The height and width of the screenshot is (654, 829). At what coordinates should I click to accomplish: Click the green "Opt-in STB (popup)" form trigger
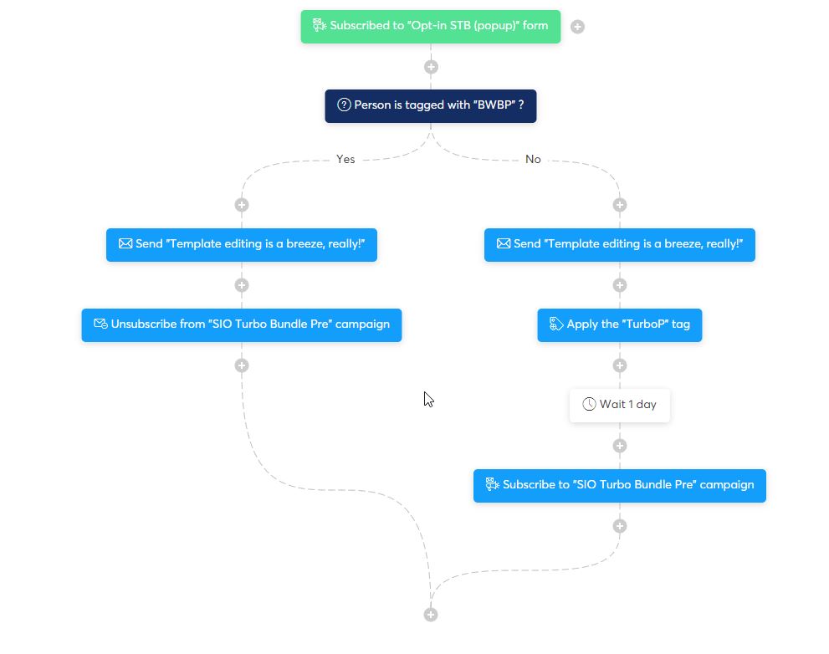[430, 26]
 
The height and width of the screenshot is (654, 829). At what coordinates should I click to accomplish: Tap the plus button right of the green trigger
[577, 27]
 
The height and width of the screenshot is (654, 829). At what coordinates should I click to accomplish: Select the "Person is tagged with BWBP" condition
[430, 105]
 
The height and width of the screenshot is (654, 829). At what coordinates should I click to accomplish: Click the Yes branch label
[345, 159]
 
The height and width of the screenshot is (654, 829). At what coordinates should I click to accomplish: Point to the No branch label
[533, 159]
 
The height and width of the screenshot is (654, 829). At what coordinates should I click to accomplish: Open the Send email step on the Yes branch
[241, 244]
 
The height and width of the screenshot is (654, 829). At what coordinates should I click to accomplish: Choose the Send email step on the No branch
[619, 244]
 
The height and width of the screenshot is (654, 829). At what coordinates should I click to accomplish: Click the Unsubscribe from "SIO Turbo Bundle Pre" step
[241, 324]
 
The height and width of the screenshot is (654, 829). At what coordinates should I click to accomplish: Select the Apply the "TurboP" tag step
[619, 324]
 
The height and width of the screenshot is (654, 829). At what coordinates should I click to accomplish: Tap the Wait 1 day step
[619, 405]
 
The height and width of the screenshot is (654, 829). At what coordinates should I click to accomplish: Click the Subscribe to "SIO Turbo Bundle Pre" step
[619, 485]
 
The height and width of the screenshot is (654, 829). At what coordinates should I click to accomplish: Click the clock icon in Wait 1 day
[589, 405]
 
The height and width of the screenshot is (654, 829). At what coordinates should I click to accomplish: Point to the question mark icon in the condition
[344, 105]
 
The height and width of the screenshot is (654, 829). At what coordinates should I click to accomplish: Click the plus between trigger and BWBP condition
[431, 67]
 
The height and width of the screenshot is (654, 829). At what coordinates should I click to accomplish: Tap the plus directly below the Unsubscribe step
[242, 365]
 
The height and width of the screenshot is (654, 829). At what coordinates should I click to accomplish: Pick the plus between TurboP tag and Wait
[620, 365]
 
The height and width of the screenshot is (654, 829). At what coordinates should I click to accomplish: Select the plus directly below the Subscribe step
[620, 526]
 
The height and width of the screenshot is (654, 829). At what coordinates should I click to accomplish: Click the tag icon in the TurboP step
[555, 324]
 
